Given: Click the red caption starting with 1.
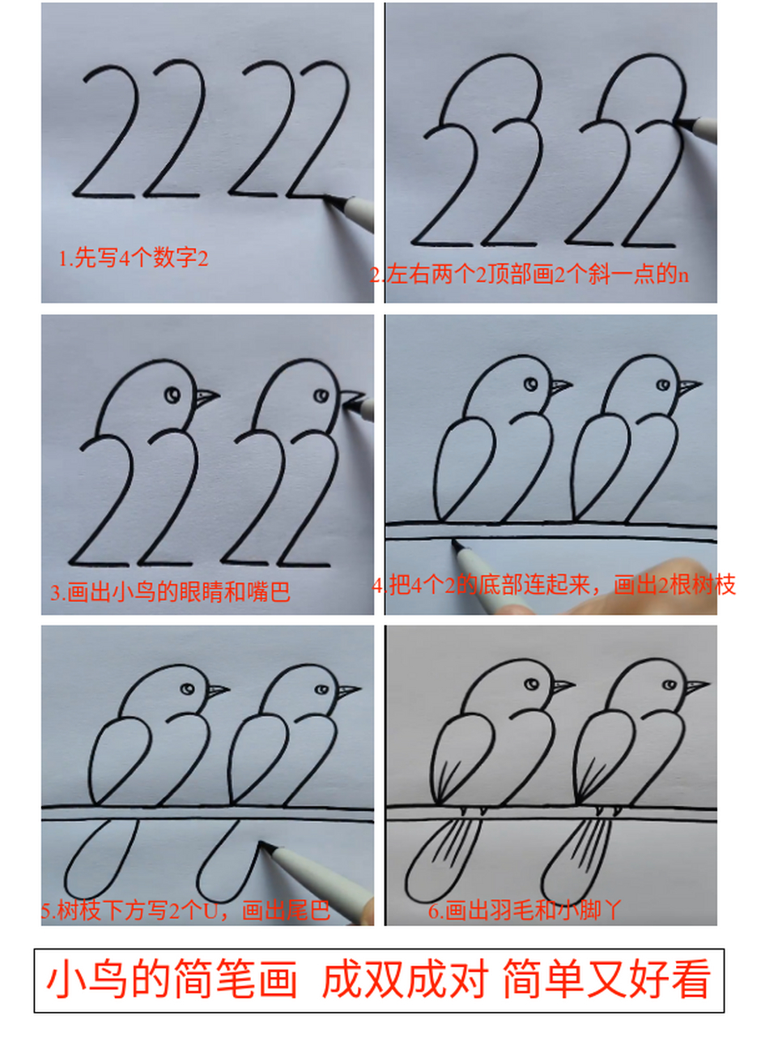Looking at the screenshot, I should pyautogui.click(x=134, y=259).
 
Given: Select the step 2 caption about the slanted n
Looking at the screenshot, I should pyautogui.click(x=530, y=275).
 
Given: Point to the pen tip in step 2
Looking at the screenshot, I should pyautogui.click(x=677, y=122).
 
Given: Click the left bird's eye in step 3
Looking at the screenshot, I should pyautogui.click(x=173, y=395).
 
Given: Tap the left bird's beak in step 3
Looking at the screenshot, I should pyautogui.click(x=206, y=397).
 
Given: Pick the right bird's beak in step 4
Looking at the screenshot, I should pyautogui.click(x=688, y=386).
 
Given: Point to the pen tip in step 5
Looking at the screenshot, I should pyautogui.click(x=262, y=846).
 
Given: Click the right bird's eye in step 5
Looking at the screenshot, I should pyautogui.click(x=321, y=689).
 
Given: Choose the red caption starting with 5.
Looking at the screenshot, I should pyautogui.click(x=186, y=911).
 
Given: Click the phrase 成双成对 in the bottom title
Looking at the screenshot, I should pyautogui.click(x=402, y=981).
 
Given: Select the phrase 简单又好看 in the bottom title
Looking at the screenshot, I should pyautogui.click(x=606, y=981).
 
